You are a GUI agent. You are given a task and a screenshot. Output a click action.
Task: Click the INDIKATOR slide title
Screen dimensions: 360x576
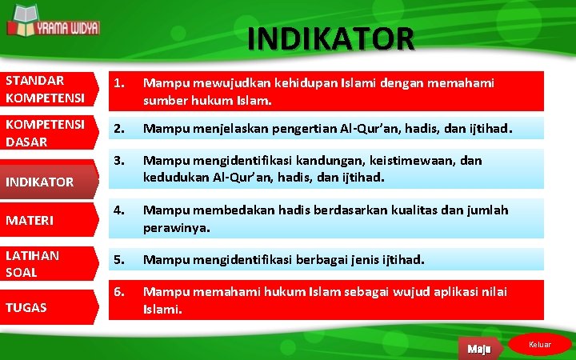pos(331,38)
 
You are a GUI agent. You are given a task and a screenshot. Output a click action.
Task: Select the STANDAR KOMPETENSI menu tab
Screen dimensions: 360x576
pos(48,90)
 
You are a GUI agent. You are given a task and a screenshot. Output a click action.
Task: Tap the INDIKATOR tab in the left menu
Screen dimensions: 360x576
pos(48,182)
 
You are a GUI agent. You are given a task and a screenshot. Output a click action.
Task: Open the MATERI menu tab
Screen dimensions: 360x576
pos(48,218)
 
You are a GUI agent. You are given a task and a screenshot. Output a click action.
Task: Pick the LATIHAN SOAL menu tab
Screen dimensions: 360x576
pos(48,263)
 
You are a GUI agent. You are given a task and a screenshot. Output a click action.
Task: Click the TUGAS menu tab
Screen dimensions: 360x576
pos(48,307)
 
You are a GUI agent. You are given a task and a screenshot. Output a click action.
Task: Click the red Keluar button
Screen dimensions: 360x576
pos(540,345)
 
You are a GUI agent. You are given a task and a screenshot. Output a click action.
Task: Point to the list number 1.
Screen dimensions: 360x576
pos(118,83)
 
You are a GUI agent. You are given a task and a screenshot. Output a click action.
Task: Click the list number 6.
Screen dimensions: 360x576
pos(118,291)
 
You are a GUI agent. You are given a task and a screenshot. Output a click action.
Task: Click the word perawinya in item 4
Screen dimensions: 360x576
pos(177,228)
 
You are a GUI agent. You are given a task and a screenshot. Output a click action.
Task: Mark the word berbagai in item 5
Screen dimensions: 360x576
pos(308,260)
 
